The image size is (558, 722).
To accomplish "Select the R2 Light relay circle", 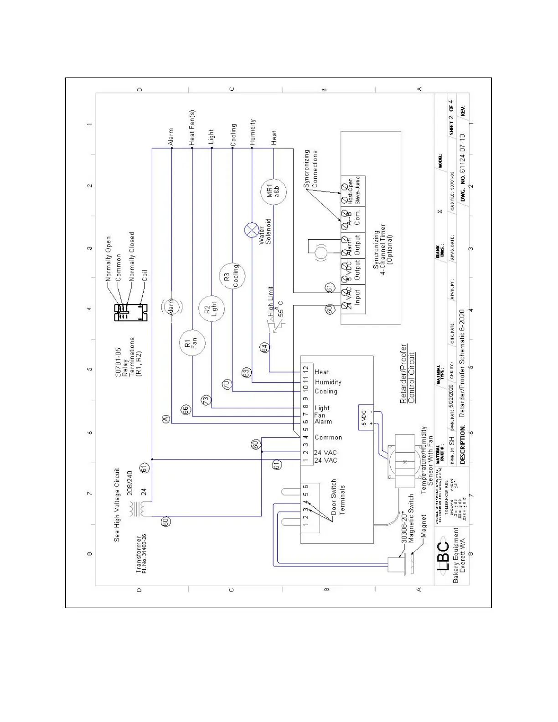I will point(212,309).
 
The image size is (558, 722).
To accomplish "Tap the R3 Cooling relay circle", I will point(232,276).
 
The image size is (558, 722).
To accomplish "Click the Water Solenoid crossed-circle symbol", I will point(252,231).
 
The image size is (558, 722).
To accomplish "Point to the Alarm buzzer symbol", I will point(171,307).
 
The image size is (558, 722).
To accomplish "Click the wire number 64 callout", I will point(264,348).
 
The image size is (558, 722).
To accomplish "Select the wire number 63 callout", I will point(246,372).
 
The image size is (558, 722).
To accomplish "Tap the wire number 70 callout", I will point(227,384).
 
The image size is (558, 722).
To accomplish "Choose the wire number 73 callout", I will point(207,400).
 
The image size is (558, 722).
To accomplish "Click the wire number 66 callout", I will point(186,410).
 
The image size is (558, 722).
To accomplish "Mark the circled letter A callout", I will point(165,418).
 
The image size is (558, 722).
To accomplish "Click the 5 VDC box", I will point(366,417).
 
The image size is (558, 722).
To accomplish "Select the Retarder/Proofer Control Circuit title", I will point(408,374).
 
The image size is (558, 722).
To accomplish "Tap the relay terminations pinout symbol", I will point(130,312).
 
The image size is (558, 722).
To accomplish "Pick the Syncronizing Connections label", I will point(311,169).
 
